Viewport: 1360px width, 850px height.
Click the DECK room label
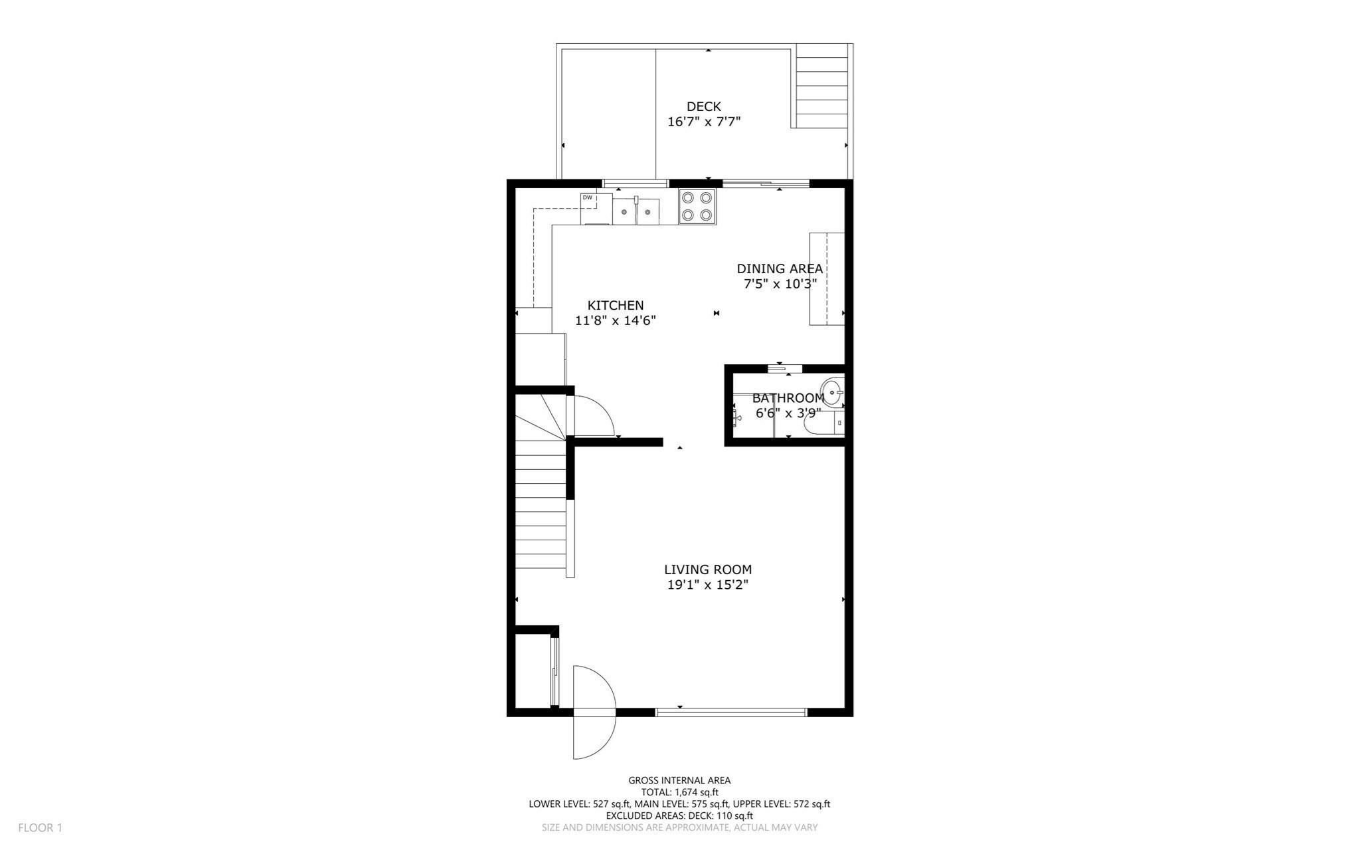click(x=703, y=106)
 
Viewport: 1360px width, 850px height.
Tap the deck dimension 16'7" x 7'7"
click(x=703, y=122)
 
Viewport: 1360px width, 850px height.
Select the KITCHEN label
click(x=615, y=305)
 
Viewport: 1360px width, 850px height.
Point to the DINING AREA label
click(x=780, y=268)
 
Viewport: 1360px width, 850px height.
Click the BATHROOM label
click(x=788, y=398)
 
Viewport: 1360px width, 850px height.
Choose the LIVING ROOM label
click(x=708, y=570)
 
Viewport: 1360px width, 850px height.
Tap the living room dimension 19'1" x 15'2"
click(x=708, y=585)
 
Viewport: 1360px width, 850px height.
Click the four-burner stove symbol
click(x=697, y=207)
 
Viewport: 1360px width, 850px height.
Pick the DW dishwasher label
click(x=587, y=197)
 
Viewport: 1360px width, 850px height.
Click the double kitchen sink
click(x=636, y=211)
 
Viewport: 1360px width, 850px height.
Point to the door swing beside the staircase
click(x=592, y=416)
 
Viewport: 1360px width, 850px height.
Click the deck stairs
click(x=821, y=86)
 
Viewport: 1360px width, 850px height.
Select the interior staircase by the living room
click(x=541, y=505)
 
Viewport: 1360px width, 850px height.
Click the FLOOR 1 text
click(x=40, y=828)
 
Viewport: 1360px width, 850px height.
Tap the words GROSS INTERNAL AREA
click(x=679, y=780)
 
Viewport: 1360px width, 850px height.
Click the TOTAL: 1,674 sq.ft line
click(x=679, y=792)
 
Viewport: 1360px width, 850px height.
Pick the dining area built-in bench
click(x=826, y=278)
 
